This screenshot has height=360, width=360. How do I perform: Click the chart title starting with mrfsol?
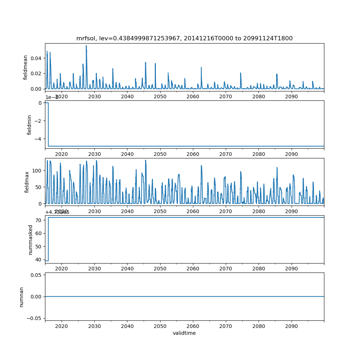coord(184,38)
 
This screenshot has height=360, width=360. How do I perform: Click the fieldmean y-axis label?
coord(26,67)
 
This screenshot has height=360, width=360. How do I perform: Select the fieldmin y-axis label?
coord(30,124)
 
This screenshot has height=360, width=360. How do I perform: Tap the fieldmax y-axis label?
coord(27,181)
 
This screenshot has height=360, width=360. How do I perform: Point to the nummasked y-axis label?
coord(31,239)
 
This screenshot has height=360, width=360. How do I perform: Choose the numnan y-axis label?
coord(22,297)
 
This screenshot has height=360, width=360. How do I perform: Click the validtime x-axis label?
coord(184,333)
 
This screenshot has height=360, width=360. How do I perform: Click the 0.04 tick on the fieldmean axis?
coord(37,58)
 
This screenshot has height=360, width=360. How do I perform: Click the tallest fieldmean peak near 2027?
coord(86,46)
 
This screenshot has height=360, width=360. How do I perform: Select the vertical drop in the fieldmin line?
coord(48,124)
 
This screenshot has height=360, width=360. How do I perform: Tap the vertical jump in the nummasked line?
coord(48,239)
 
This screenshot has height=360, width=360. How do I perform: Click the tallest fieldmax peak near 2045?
coord(145,161)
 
